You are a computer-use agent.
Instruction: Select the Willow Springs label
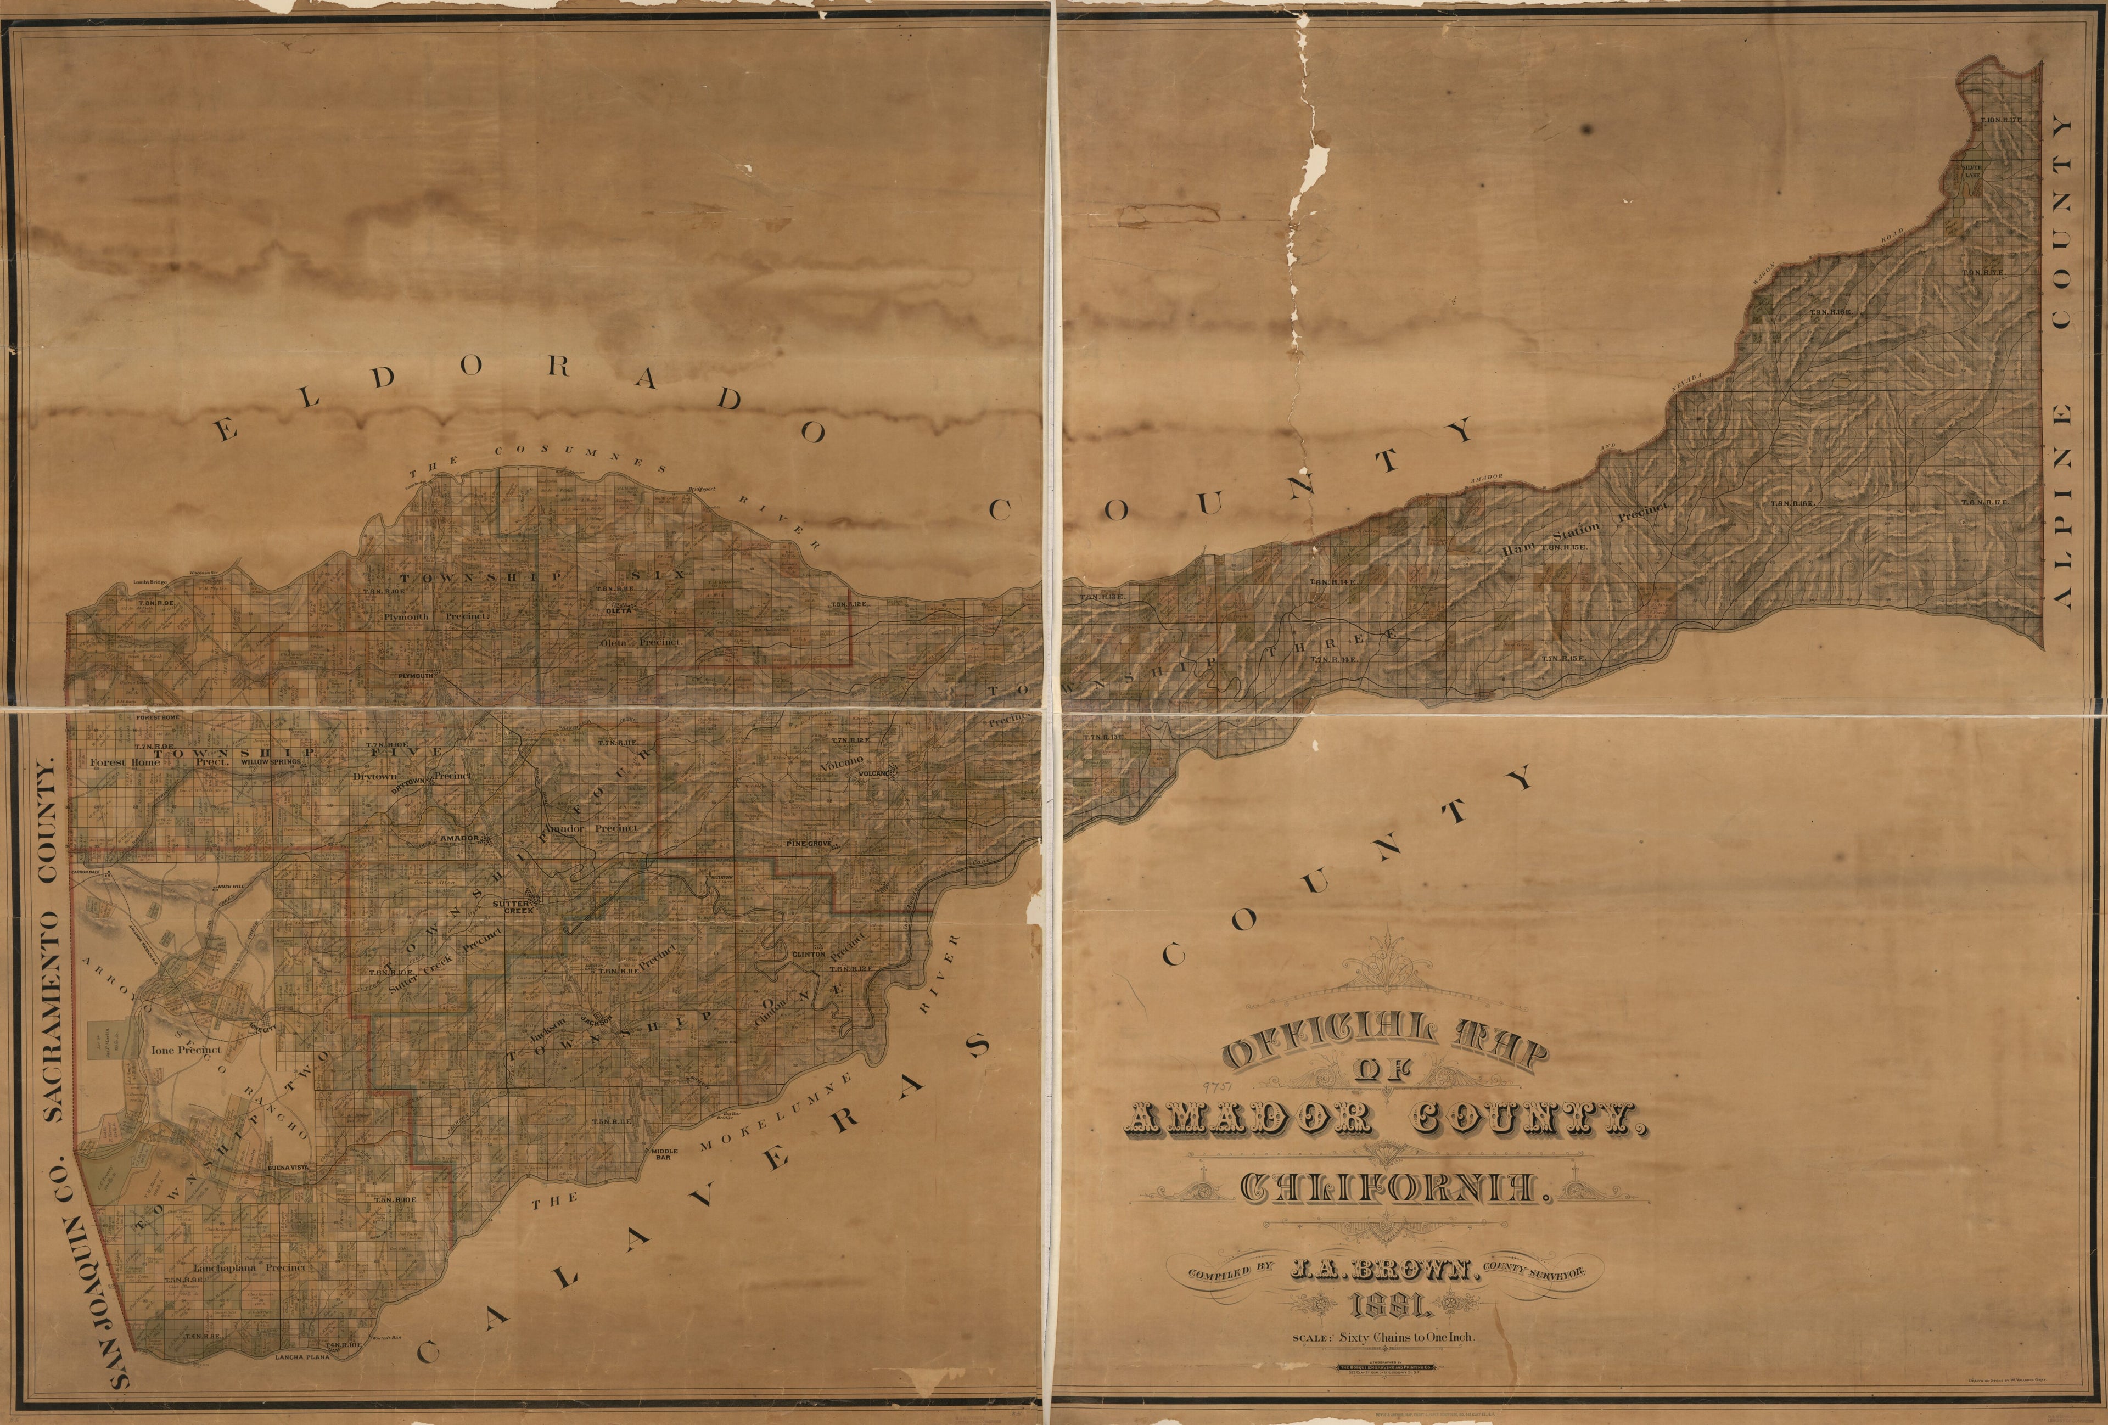pos(270,762)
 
